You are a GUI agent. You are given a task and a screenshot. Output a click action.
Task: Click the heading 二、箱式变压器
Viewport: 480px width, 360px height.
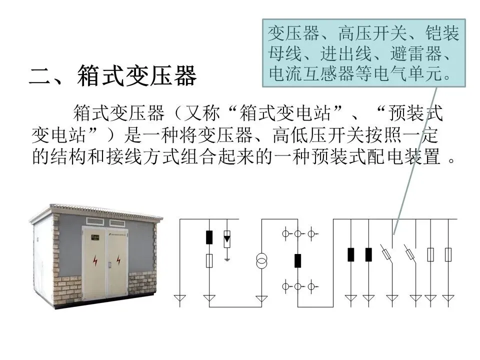click(x=113, y=75)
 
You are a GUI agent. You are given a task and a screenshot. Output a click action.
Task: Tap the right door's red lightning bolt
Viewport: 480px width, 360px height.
click(x=118, y=260)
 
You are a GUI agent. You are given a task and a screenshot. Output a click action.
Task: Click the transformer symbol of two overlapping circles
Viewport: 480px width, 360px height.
click(x=261, y=261)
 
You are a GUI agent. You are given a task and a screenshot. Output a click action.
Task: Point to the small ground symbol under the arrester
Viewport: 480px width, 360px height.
click(x=227, y=258)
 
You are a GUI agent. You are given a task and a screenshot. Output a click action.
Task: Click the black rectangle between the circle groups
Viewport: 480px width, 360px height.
click(x=298, y=260)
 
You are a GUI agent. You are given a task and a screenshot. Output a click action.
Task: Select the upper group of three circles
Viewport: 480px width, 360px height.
click(x=298, y=233)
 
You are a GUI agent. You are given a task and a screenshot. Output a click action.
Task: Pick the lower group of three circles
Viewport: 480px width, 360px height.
click(x=298, y=286)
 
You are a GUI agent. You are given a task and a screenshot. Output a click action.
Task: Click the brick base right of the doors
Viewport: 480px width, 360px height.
click(x=142, y=283)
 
